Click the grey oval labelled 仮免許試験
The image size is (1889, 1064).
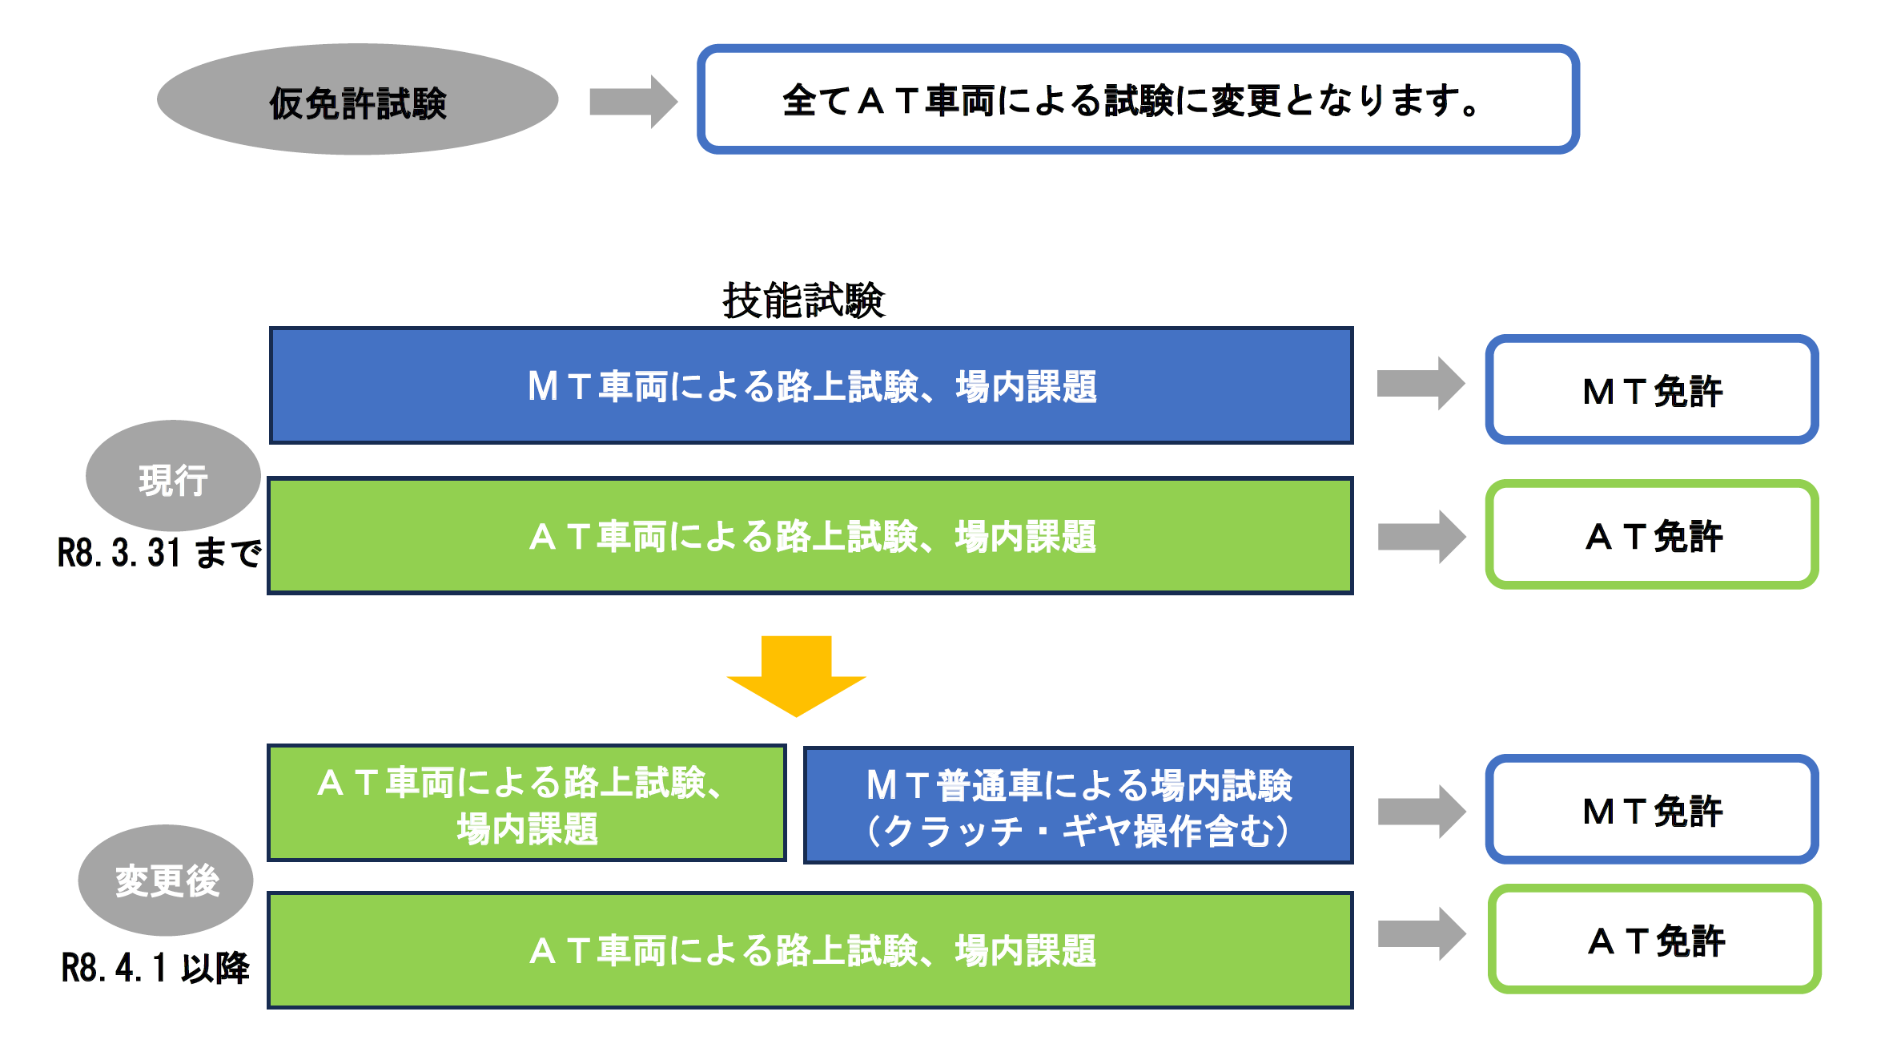pos(357,100)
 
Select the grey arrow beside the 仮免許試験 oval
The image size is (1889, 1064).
pos(633,102)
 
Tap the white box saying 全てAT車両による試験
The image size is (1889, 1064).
pos(1137,100)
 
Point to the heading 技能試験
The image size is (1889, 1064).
pos(803,300)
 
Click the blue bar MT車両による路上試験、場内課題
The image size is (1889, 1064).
pos(810,385)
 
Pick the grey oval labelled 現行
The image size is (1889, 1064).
pos(173,478)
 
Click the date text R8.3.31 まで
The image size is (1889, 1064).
pos(159,553)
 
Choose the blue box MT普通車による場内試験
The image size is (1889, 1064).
pos(1078,806)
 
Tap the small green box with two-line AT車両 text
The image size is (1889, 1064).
pos(526,804)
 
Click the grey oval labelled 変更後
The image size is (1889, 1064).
pos(166,881)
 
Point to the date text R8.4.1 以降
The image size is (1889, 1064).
pos(155,968)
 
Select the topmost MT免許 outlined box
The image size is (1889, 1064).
pos(1651,390)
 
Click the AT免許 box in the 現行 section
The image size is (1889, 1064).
pos(1651,535)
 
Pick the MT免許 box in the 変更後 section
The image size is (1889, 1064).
pos(1651,810)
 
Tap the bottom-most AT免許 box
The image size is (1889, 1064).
pos(1654,940)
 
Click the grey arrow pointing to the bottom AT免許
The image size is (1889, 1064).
pos(1421,933)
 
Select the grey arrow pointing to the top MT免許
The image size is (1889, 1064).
pos(1420,384)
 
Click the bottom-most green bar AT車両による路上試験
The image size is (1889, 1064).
pos(810,950)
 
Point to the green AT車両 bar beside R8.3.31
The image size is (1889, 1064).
pos(810,536)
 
